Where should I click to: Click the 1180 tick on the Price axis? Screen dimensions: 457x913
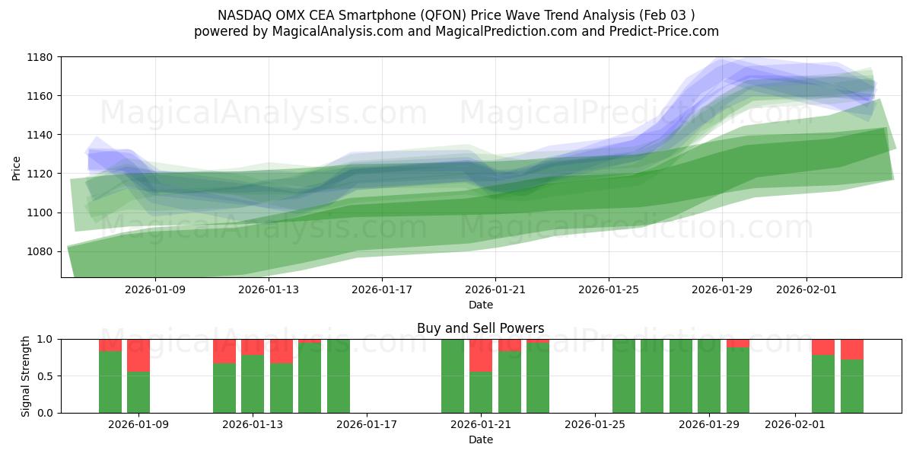pyautogui.click(x=41, y=57)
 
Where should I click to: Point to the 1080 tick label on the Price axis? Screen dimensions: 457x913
pyautogui.click(x=41, y=251)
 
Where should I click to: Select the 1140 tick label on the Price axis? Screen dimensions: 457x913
pyautogui.click(x=41, y=135)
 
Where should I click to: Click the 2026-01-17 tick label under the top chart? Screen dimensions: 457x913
pyautogui.click(x=382, y=289)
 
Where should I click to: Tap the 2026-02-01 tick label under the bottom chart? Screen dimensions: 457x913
pyautogui.click(x=795, y=425)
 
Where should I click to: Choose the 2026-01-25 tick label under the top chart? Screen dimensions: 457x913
pyautogui.click(x=609, y=289)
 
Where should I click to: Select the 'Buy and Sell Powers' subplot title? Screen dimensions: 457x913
pyautogui.click(x=480, y=329)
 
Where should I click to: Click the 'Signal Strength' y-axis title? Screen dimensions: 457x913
pyautogui.click(x=26, y=376)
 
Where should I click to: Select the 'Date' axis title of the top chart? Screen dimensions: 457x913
pyautogui.click(x=480, y=305)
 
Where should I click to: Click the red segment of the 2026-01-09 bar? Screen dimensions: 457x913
pyautogui.click(x=138, y=355)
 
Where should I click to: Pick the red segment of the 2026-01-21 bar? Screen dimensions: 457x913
pyautogui.click(x=481, y=355)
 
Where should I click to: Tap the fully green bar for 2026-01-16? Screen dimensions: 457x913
pyautogui.click(x=339, y=376)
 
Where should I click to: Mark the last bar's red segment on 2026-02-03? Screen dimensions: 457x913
pyautogui.click(x=852, y=349)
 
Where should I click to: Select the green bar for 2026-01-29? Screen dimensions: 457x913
pyautogui.click(x=709, y=376)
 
